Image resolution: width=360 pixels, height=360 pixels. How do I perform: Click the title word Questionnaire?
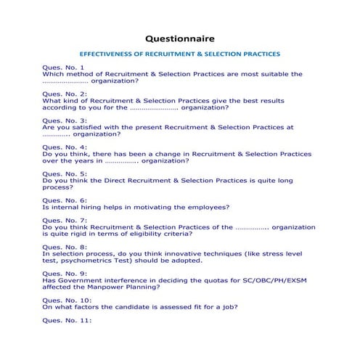[179, 35]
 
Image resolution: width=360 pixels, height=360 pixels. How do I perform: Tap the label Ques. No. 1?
[63, 67]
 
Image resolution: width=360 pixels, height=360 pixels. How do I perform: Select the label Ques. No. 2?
[65, 94]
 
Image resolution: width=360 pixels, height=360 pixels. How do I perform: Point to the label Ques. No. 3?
[65, 120]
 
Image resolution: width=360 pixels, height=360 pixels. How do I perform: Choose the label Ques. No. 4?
[65, 147]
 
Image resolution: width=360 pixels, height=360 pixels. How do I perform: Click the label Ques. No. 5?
[65, 174]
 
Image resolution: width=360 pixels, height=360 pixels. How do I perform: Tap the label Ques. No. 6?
[65, 200]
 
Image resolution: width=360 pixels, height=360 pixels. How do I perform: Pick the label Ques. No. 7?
[65, 220]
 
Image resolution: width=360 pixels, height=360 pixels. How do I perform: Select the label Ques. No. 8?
[65, 247]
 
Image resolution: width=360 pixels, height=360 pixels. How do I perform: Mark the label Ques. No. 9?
[65, 273]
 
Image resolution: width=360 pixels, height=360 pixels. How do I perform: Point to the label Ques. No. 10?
[67, 300]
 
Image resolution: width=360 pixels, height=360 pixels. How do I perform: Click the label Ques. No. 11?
[67, 320]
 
